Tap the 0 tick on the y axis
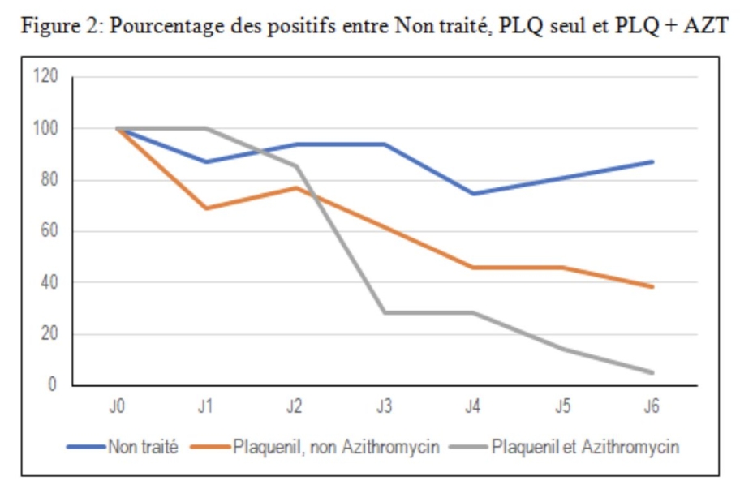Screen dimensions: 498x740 53,385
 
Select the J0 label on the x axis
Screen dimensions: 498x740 117,407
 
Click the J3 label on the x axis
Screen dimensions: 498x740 384,407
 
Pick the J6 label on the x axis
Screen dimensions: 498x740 651,407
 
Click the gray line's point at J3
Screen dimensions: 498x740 384,312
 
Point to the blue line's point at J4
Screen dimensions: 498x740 473,194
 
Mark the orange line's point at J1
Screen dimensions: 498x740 206,208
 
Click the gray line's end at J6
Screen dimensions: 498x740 651,372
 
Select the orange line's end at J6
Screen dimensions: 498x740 651,286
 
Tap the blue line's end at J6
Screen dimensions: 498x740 651,161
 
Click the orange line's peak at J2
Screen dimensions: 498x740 295,187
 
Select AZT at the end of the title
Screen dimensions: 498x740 706,25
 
